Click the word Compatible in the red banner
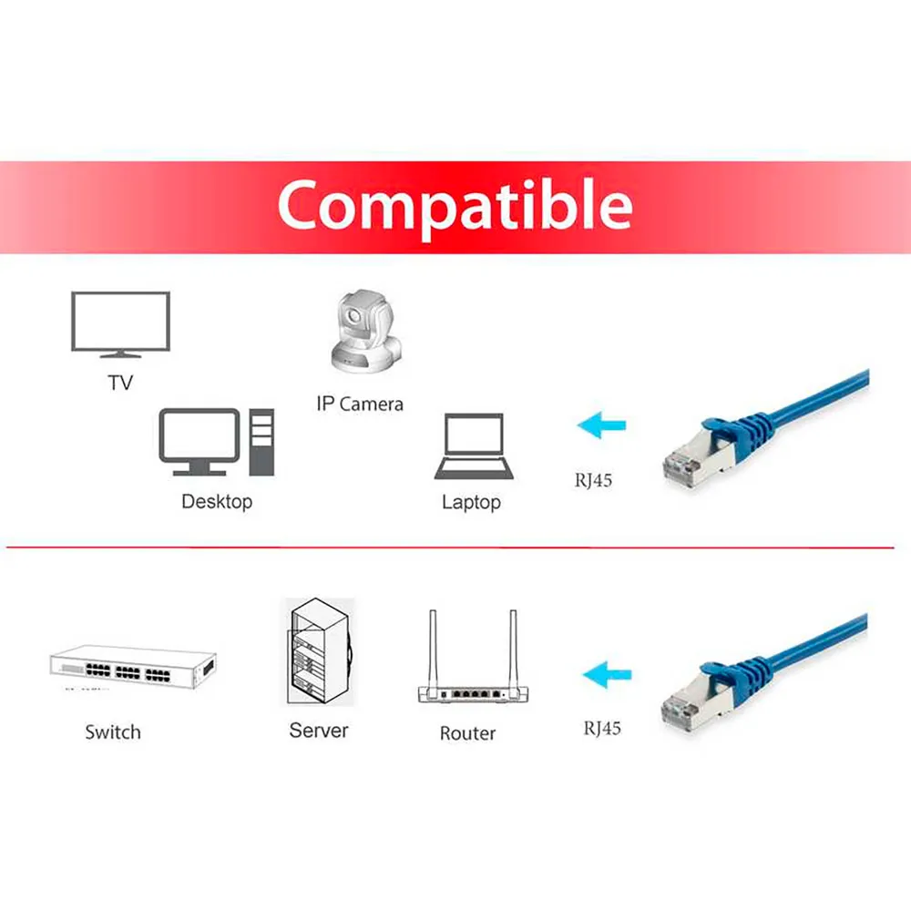[455, 206]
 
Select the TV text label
[120, 383]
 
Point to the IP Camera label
[360, 404]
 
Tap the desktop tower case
[261, 442]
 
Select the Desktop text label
[217, 501]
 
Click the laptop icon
[474, 445]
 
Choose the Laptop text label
[471, 503]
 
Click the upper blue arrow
[601, 425]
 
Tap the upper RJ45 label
[593, 480]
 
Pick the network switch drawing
[133, 667]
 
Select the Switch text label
[113, 732]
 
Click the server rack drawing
[318, 651]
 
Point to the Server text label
[318, 731]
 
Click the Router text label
[467, 733]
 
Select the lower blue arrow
[607, 674]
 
